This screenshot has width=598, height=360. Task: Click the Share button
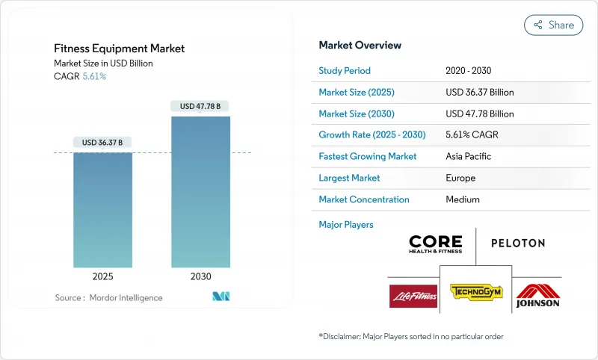[x=553, y=25]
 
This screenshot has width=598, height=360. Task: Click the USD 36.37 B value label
[x=102, y=143]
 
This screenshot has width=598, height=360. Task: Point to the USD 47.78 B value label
[x=200, y=106]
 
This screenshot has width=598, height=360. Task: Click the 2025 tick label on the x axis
[x=103, y=276]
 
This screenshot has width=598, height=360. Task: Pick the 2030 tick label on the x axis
[x=200, y=276]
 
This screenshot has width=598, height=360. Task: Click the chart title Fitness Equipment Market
[x=119, y=49]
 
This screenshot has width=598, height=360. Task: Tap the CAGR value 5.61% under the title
[x=93, y=76]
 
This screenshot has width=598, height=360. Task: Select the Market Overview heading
[x=360, y=46]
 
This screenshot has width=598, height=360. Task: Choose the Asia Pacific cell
[x=469, y=157]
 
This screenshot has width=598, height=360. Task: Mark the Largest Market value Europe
[x=460, y=178]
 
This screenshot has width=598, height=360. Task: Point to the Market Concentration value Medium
[x=462, y=199]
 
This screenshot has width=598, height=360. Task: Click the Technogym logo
[x=475, y=291]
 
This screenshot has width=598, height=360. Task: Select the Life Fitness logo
[x=413, y=295]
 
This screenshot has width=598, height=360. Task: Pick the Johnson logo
[x=537, y=295]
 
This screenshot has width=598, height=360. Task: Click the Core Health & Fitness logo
[x=436, y=243]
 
